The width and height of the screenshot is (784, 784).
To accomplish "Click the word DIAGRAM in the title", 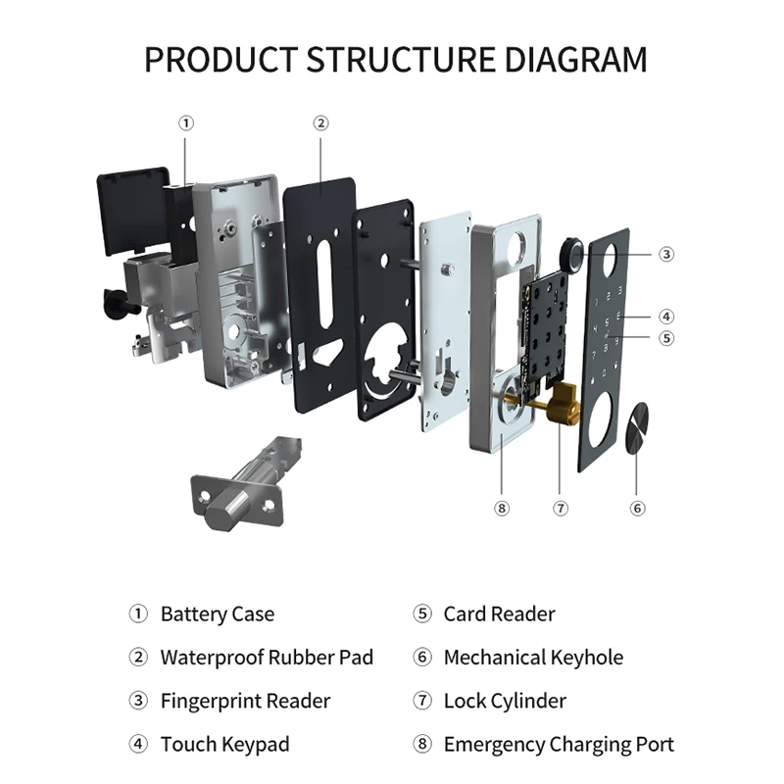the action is click(x=575, y=60).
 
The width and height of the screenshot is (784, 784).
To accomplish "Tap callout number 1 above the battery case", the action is click(x=186, y=123).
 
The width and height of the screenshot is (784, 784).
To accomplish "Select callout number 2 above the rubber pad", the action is click(x=321, y=123).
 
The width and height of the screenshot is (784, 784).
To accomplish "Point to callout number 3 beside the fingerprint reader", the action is click(x=666, y=254).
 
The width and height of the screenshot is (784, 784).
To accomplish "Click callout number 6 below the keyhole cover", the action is click(x=637, y=509).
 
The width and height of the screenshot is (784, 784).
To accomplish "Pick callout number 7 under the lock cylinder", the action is click(x=561, y=509).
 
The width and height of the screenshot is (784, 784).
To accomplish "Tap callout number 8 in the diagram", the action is click(x=502, y=509).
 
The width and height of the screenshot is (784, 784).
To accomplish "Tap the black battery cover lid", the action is click(x=133, y=210).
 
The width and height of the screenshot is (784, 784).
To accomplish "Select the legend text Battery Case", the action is click(x=218, y=614).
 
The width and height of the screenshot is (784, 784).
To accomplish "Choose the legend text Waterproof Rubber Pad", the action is click(x=267, y=658).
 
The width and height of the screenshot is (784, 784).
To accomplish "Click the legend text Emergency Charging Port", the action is click(x=559, y=745).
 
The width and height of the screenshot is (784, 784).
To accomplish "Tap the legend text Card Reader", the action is click(x=499, y=614).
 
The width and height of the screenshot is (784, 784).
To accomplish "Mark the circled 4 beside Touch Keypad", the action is click(x=138, y=744).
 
